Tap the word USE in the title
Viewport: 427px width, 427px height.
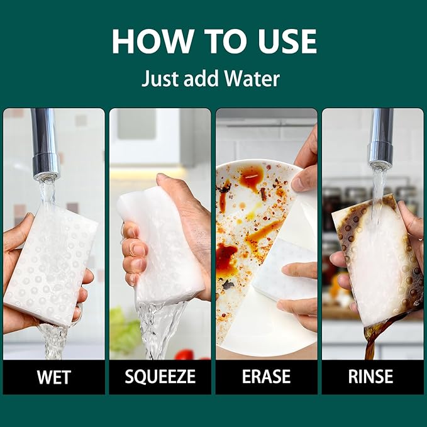(x=287, y=41)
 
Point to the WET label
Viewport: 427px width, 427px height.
(x=54, y=377)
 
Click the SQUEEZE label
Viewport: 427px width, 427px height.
(x=160, y=377)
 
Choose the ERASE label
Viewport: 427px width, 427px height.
(x=267, y=377)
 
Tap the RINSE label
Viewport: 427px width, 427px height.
(x=370, y=377)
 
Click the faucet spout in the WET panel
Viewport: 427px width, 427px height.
(x=45, y=144)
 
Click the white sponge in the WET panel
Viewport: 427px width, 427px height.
(x=50, y=265)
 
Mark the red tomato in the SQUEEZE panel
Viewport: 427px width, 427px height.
(x=185, y=355)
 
